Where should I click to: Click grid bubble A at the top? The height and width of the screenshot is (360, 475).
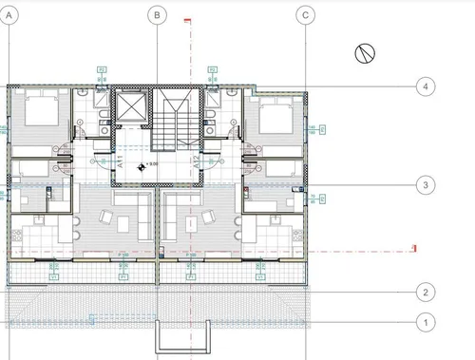(8, 14)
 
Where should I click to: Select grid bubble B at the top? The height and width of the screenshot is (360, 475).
(157, 14)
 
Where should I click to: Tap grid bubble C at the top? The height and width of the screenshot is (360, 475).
(305, 14)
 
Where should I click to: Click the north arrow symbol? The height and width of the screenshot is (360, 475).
(364, 53)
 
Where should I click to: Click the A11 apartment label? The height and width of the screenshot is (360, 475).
(121, 162)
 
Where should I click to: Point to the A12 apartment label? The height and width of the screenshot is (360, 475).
(197, 162)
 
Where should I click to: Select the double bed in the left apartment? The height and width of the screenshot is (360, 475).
(39, 116)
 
